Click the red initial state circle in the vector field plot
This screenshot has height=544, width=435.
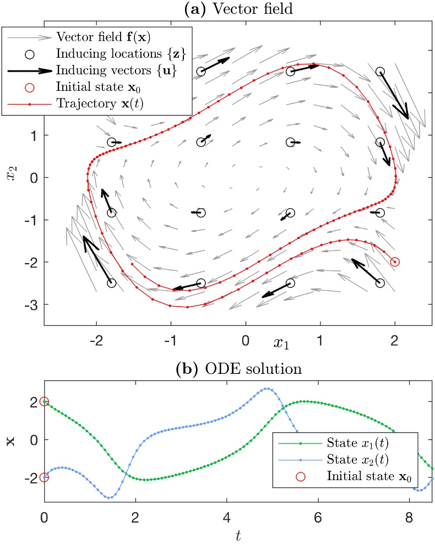point(395,262)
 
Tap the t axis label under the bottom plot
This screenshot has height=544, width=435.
point(238,535)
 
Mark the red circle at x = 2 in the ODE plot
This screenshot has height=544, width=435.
point(44,402)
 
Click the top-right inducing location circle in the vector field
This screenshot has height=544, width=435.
point(380,72)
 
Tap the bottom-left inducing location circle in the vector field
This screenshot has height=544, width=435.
point(112,283)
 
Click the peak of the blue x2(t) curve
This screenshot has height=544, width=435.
point(268,388)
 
